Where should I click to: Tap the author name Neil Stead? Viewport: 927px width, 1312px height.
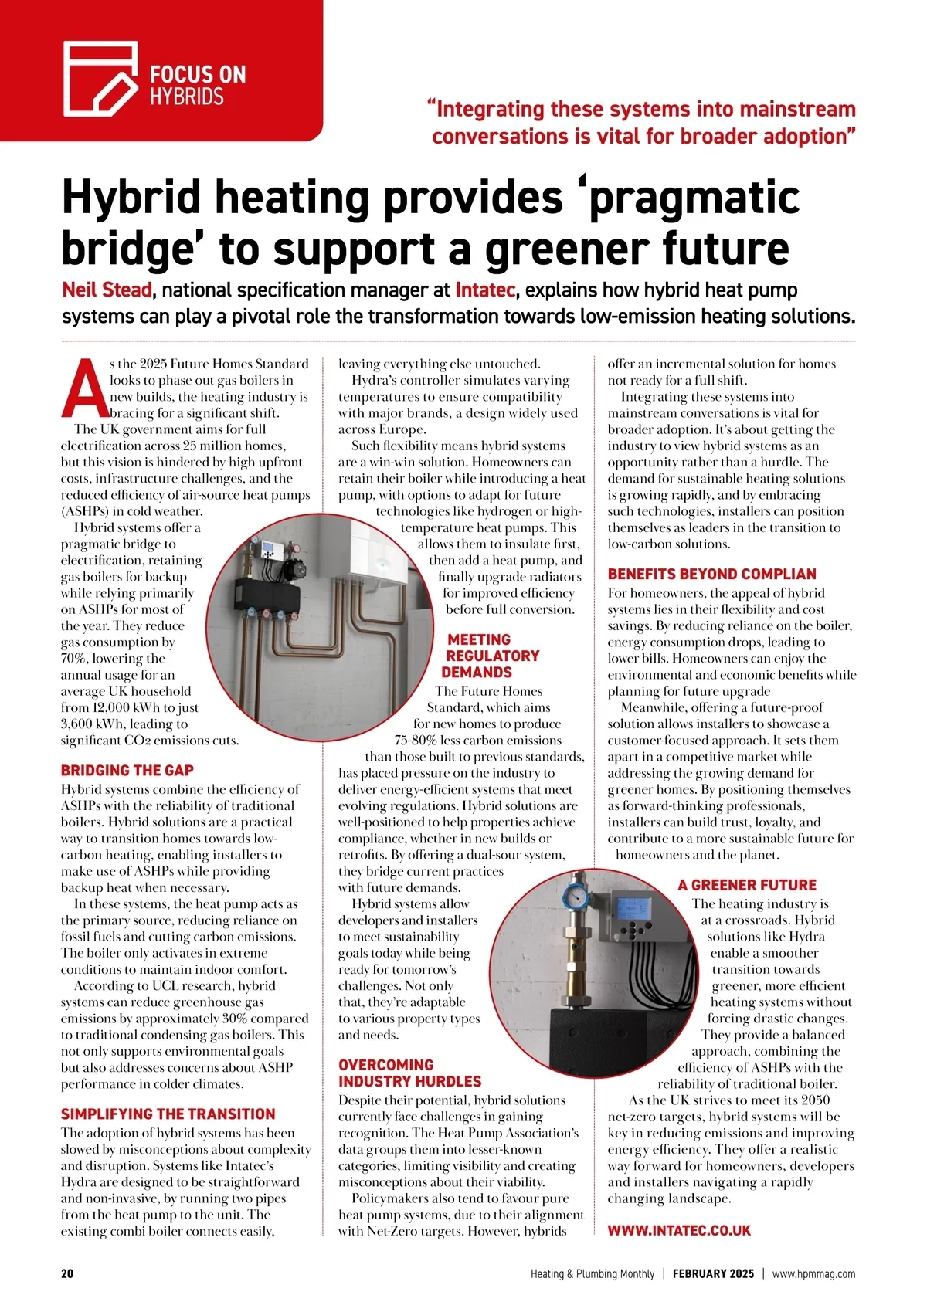[106, 290]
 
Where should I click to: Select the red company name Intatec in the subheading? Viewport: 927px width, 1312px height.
[484, 290]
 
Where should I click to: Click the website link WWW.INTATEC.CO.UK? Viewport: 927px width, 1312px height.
[679, 1231]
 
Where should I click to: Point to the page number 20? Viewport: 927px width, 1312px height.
[67, 1274]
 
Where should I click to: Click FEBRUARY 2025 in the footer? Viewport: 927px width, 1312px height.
[713, 1274]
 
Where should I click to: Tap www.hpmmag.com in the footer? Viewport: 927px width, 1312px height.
[813, 1274]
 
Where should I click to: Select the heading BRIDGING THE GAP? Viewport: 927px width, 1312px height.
[127, 770]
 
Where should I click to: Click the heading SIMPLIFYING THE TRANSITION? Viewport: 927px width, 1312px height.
[168, 1114]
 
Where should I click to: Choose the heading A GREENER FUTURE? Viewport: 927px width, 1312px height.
[747, 885]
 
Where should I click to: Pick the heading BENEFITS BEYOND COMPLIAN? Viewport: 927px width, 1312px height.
[711, 574]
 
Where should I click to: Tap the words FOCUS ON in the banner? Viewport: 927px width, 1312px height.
[198, 75]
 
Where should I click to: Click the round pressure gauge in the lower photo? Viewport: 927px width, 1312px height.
[574, 896]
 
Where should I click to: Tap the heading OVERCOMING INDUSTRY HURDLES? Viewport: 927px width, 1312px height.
[409, 1073]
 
